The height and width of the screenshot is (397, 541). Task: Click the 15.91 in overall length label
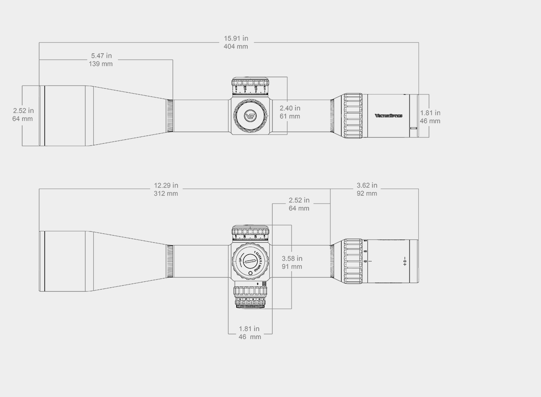236,38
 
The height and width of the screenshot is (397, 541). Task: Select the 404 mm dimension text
236,46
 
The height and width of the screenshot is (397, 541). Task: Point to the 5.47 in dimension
101,56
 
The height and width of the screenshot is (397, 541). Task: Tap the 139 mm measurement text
101,64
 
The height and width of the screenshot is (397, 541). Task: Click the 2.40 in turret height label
290,108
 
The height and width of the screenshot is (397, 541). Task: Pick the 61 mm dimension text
290,116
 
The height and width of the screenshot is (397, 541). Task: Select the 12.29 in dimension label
166,186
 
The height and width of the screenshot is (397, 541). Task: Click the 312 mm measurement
166,194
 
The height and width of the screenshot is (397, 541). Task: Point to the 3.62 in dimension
367,186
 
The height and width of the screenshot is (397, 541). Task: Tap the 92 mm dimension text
367,194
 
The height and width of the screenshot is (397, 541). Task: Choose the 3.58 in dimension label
292,258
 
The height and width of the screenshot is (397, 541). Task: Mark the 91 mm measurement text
292,267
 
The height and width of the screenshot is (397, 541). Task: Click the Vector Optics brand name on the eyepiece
388,115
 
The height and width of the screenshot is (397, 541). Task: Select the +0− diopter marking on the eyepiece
405,261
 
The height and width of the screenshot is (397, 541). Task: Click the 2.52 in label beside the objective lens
23,111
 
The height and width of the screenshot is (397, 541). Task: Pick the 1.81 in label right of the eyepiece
430,113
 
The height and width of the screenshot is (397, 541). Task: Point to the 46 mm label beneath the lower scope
250,337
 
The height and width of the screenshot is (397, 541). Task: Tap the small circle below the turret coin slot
250,273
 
